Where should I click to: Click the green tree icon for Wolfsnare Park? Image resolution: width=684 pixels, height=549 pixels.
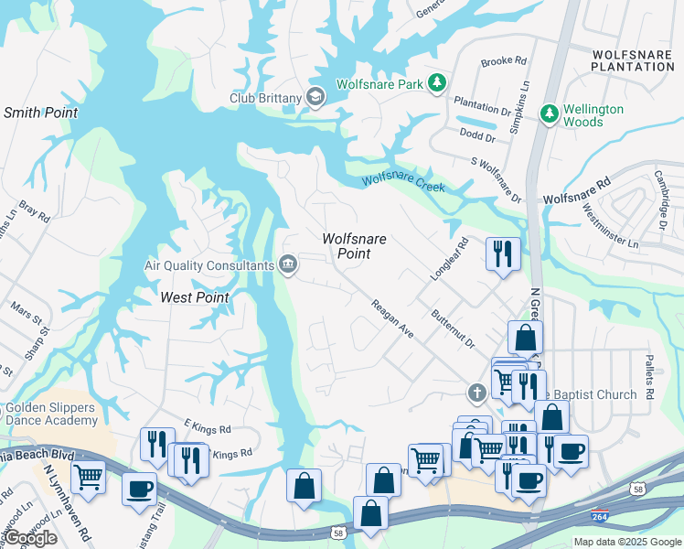438,83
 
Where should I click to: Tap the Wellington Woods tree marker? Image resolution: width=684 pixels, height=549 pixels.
549,114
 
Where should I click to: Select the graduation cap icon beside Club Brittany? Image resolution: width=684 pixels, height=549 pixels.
315,98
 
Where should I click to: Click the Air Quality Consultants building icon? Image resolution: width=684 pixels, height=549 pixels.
288,264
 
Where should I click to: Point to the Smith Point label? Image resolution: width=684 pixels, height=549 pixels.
40,113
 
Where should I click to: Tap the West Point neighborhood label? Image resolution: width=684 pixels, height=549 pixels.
194,297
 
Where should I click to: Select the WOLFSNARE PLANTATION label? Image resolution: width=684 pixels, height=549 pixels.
632,60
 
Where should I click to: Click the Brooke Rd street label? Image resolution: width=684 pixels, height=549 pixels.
504,62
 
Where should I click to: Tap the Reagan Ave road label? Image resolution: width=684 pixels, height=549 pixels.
392,318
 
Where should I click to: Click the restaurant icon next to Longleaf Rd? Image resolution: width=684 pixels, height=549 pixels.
502,253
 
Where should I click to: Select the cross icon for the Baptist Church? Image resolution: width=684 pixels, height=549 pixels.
476,393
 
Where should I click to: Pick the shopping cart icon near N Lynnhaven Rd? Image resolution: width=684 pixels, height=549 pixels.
88,476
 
